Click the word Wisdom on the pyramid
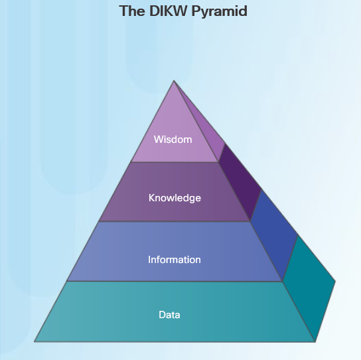pos(173,139)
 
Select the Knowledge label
pos(175,198)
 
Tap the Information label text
pos(175,260)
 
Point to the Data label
pos(169,315)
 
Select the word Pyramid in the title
pos(220,11)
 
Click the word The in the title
pos(132,11)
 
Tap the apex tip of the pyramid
pos(174,80)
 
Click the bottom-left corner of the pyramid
pos(35,341)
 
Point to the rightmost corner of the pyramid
pos(335,281)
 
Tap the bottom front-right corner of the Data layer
pos(315,341)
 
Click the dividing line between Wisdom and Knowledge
pos(175,162)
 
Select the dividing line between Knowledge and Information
pos(175,221)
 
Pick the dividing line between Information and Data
pos(175,281)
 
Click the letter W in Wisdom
pos(158,139)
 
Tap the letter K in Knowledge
pos(151,198)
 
